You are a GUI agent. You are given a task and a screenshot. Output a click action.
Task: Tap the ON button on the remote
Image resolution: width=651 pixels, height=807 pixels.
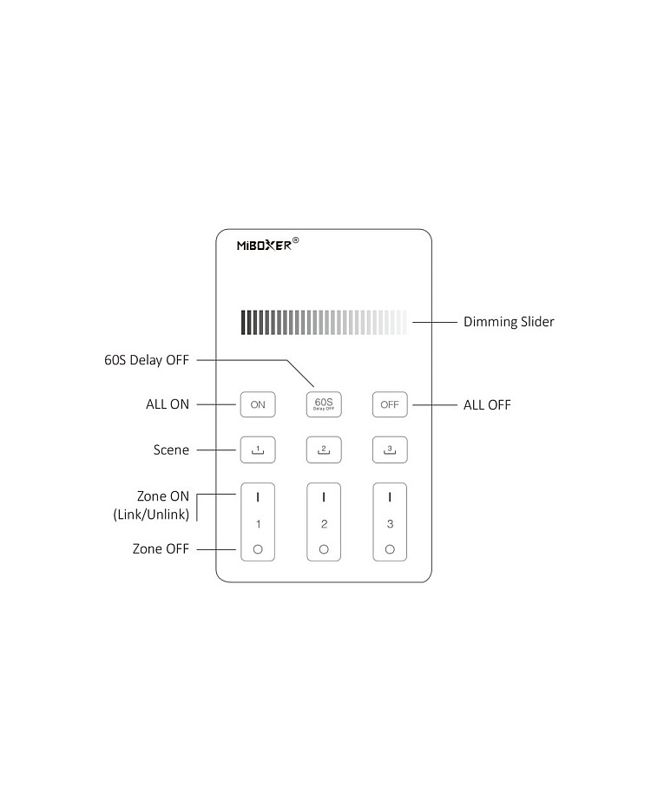point(258,404)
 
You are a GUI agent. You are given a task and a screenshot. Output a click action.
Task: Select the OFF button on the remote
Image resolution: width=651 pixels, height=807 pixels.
point(390,404)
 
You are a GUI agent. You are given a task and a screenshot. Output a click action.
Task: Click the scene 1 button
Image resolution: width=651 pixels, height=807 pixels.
point(258,449)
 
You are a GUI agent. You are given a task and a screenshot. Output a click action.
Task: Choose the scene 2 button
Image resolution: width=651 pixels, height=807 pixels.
point(324,449)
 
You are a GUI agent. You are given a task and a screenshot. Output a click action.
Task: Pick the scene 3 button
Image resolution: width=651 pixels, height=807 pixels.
point(390,449)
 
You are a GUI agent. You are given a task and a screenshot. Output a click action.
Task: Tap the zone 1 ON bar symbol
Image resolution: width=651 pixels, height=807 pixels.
point(258,497)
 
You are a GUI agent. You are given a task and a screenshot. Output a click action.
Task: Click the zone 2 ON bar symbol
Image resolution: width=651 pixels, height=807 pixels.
point(324,497)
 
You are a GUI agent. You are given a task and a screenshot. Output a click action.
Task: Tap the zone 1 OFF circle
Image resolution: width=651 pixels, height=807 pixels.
point(258,549)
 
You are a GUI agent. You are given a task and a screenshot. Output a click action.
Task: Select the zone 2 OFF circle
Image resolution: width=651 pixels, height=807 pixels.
point(324,549)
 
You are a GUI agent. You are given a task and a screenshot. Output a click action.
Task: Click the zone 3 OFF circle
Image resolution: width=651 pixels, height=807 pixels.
point(390,549)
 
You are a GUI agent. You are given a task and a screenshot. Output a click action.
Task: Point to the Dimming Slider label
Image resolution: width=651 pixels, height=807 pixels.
point(509,322)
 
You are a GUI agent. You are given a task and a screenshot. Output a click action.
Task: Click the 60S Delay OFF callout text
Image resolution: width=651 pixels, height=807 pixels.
point(146,359)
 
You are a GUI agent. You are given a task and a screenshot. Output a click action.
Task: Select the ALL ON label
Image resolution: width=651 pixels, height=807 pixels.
point(168,404)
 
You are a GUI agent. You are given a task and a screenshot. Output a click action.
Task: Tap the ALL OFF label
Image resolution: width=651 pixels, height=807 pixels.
point(487,404)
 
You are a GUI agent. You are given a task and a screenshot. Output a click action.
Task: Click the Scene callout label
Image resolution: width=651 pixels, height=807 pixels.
point(171,449)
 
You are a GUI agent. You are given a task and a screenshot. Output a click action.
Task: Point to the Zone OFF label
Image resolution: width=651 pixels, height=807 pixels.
point(161,548)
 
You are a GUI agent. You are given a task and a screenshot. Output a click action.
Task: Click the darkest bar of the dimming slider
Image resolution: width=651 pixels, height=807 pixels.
point(244,322)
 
